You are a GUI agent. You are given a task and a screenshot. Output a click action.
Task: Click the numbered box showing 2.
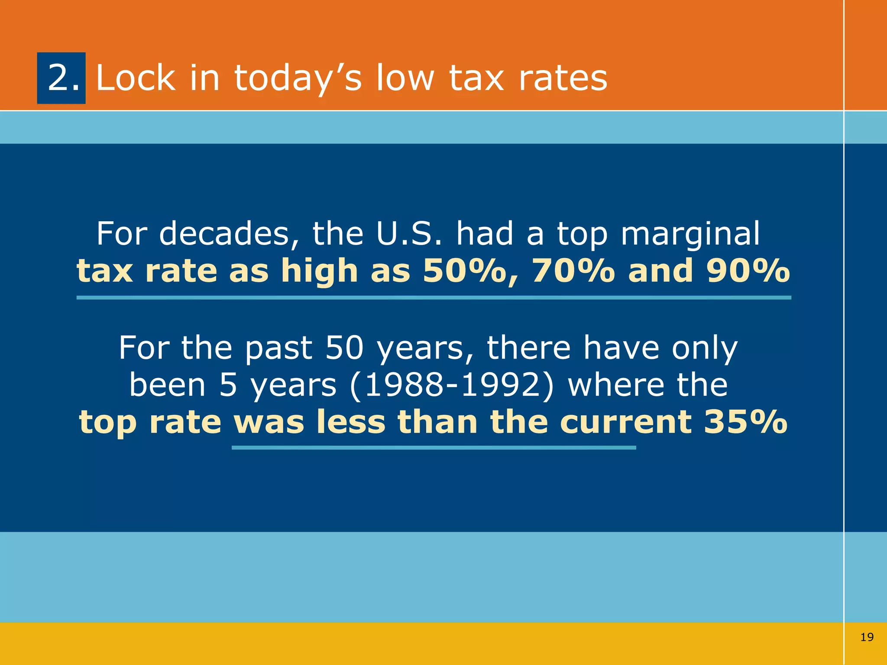[x=61, y=78]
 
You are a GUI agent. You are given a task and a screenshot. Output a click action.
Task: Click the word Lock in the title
[x=136, y=78]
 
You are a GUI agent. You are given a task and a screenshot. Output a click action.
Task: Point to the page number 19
[x=867, y=637]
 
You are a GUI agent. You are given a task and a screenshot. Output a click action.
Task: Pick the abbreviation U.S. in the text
[x=409, y=234]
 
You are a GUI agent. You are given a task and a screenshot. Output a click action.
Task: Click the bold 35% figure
[x=745, y=422]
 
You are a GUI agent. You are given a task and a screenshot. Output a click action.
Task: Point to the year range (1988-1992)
[x=452, y=385]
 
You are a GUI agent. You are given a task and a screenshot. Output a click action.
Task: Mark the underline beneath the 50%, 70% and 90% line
[x=434, y=298]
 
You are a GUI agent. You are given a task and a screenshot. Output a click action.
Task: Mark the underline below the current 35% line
[x=434, y=448]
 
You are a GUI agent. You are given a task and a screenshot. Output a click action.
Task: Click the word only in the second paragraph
[x=705, y=349]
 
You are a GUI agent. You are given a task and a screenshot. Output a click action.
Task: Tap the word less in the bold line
[x=351, y=422]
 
